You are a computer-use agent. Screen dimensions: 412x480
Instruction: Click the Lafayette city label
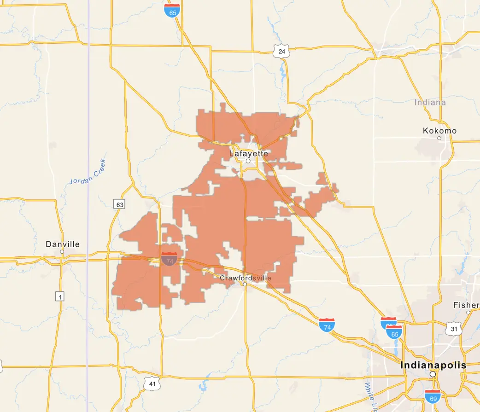click(x=248, y=153)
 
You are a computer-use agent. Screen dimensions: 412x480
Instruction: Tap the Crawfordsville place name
click(x=246, y=278)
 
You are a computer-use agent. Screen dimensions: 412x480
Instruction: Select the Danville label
click(x=63, y=244)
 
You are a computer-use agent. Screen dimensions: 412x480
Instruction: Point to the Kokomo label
click(x=439, y=131)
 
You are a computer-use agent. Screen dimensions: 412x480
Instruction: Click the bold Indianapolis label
click(x=433, y=365)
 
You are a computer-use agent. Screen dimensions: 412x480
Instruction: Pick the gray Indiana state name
click(x=430, y=102)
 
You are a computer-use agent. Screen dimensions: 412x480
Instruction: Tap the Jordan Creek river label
click(x=88, y=172)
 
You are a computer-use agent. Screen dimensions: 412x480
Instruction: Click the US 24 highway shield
click(x=281, y=52)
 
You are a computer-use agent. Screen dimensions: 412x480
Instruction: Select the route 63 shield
click(x=120, y=204)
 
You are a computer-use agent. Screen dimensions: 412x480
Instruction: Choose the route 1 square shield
click(x=60, y=296)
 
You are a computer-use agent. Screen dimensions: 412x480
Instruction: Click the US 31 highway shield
click(x=453, y=328)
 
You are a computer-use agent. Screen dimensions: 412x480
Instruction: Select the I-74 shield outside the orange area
click(x=327, y=325)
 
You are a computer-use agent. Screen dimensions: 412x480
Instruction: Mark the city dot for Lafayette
click(x=248, y=161)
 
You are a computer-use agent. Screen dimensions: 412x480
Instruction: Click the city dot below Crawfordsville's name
click(x=245, y=284)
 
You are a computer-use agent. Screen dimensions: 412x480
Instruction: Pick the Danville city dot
click(x=62, y=252)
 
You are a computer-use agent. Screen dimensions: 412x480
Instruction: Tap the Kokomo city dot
click(x=439, y=138)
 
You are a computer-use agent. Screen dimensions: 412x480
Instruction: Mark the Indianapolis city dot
click(x=433, y=375)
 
